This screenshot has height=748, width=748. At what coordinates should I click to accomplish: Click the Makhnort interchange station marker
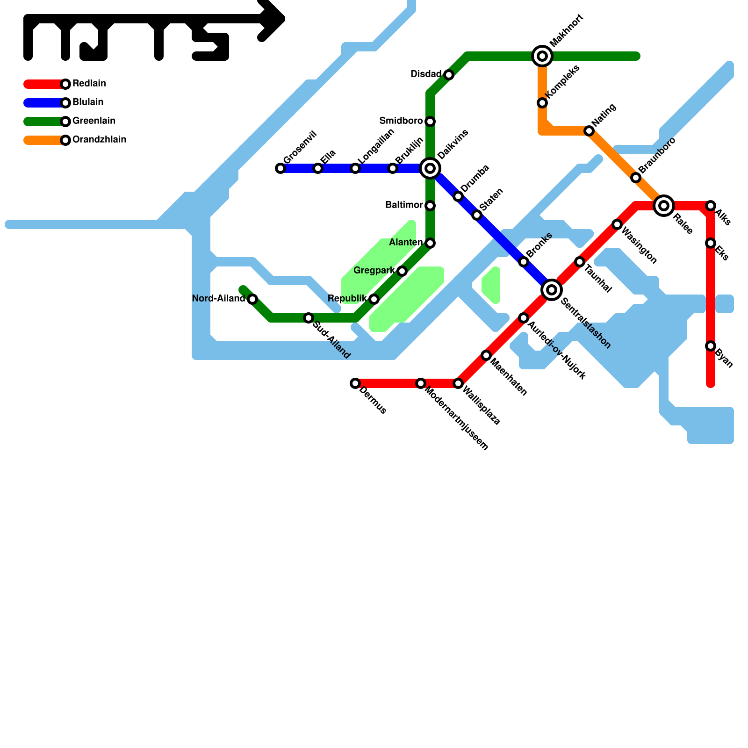pyautogui.click(x=542, y=56)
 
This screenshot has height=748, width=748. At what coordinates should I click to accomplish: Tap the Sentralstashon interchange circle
pyautogui.click(x=552, y=290)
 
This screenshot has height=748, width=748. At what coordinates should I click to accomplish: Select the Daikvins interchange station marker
pyautogui.click(x=430, y=168)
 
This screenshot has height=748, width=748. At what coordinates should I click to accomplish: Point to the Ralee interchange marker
pyautogui.click(x=664, y=206)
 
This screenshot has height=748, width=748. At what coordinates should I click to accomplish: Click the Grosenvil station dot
pyautogui.click(x=280, y=168)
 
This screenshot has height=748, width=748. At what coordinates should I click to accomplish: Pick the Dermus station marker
pyautogui.click(x=355, y=383)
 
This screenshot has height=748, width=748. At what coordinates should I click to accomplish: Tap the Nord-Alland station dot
pyautogui.click(x=252, y=299)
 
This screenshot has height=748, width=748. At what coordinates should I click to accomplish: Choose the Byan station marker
pyautogui.click(x=711, y=346)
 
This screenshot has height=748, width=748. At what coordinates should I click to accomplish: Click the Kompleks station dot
pyautogui.click(x=542, y=103)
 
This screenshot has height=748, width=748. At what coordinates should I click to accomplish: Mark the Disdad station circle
pyautogui.click(x=449, y=75)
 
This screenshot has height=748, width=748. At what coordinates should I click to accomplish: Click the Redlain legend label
pyautogui.click(x=89, y=84)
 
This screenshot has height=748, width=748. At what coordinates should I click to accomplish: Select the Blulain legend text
pyautogui.click(x=88, y=102)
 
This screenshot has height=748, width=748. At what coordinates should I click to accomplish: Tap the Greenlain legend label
pyautogui.click(x=94, y=121)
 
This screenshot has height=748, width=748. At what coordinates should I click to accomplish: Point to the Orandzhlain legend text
pyautogui.click(x=99, y=140)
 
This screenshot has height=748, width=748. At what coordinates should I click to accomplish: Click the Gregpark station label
pyautogui.click(x=374, y=271)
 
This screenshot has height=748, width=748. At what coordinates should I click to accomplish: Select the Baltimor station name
pyautogui.click(x=404, y=205)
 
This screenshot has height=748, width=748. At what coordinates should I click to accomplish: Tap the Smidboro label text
pyautogui.click(x=401, y=121)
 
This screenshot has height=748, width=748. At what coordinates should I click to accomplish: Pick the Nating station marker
pyautogui.click(x=589, y=131)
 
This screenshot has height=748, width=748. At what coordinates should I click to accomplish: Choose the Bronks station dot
pyautogui.click(x=524, y=262)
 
